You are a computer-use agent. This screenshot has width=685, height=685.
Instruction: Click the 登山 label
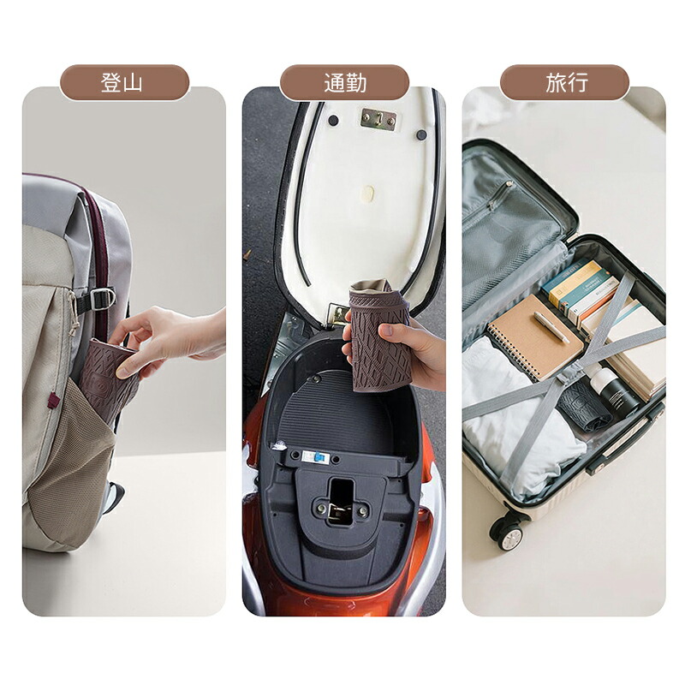(122, 82)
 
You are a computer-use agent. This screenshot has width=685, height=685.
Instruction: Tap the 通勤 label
(345, 82)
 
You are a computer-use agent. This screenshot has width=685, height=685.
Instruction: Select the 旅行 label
(567, 82)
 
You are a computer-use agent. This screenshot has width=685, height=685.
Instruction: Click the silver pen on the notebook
(551, 327)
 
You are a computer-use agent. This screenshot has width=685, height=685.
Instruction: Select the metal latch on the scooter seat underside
(378, 118)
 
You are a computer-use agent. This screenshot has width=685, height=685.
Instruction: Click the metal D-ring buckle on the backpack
(103, 299)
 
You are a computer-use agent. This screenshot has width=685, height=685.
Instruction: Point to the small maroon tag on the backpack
(54, 400)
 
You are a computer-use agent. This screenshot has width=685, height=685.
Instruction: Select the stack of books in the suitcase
(586, 292)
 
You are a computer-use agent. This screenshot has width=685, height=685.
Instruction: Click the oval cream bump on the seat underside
(368, 192)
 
